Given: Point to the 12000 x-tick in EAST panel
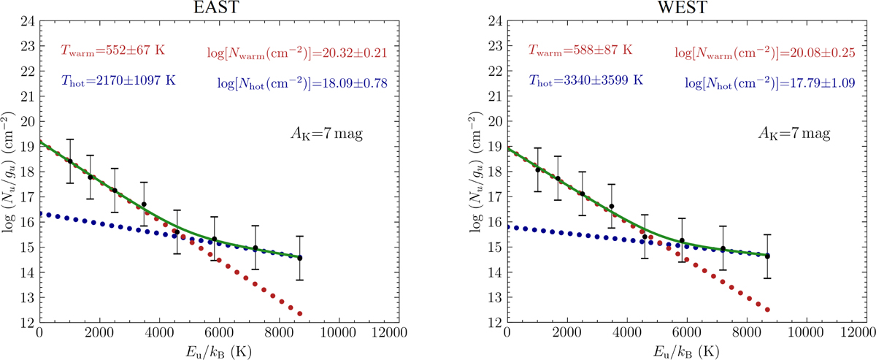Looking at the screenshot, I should pos(390,332).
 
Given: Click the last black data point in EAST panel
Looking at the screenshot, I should pos(300,258).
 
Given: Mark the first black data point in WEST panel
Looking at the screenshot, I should pos(538,169).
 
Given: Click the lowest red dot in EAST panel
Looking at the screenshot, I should pos(300,314).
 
